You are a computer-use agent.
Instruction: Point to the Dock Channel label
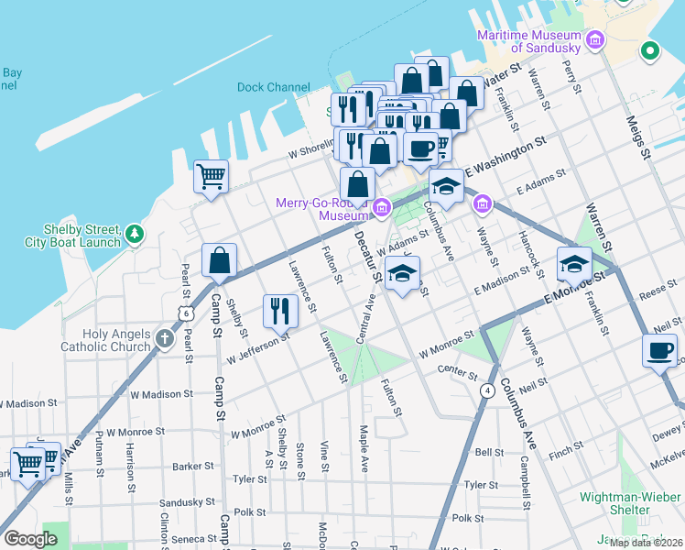tap(273, 88)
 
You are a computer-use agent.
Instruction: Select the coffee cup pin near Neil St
tap(659, 349)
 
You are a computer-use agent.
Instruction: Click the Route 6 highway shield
tap(187, 313)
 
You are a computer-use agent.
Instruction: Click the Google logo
tap(30, 539)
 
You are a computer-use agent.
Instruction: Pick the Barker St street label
tap(192, 466)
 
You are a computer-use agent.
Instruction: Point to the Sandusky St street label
tap(187, 502)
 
